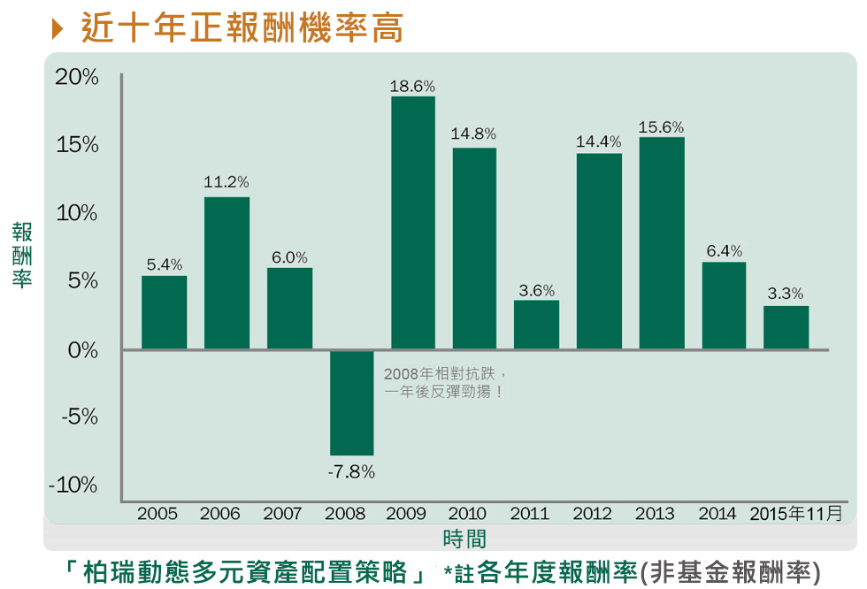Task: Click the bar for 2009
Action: [x=413, y=222]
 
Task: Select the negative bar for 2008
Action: [x=351, y=402]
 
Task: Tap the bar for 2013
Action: [x=662, y=242]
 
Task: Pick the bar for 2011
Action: [x=537, y=325]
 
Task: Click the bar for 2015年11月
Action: [x=786, y=327]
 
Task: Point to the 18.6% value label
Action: [x=412, y=87]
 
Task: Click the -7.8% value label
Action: [x=351, y=472]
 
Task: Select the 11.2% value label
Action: [x=226, y=182]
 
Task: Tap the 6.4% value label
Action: [x=725, y=251]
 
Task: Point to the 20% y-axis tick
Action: [x=77, y=78]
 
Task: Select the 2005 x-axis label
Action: [x=157, y=514]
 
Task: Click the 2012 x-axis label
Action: [x=593, y=514]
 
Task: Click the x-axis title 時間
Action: [x=464, y=539]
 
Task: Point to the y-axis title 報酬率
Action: [x=22, y=255]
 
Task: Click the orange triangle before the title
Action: [x=58, y=29]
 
